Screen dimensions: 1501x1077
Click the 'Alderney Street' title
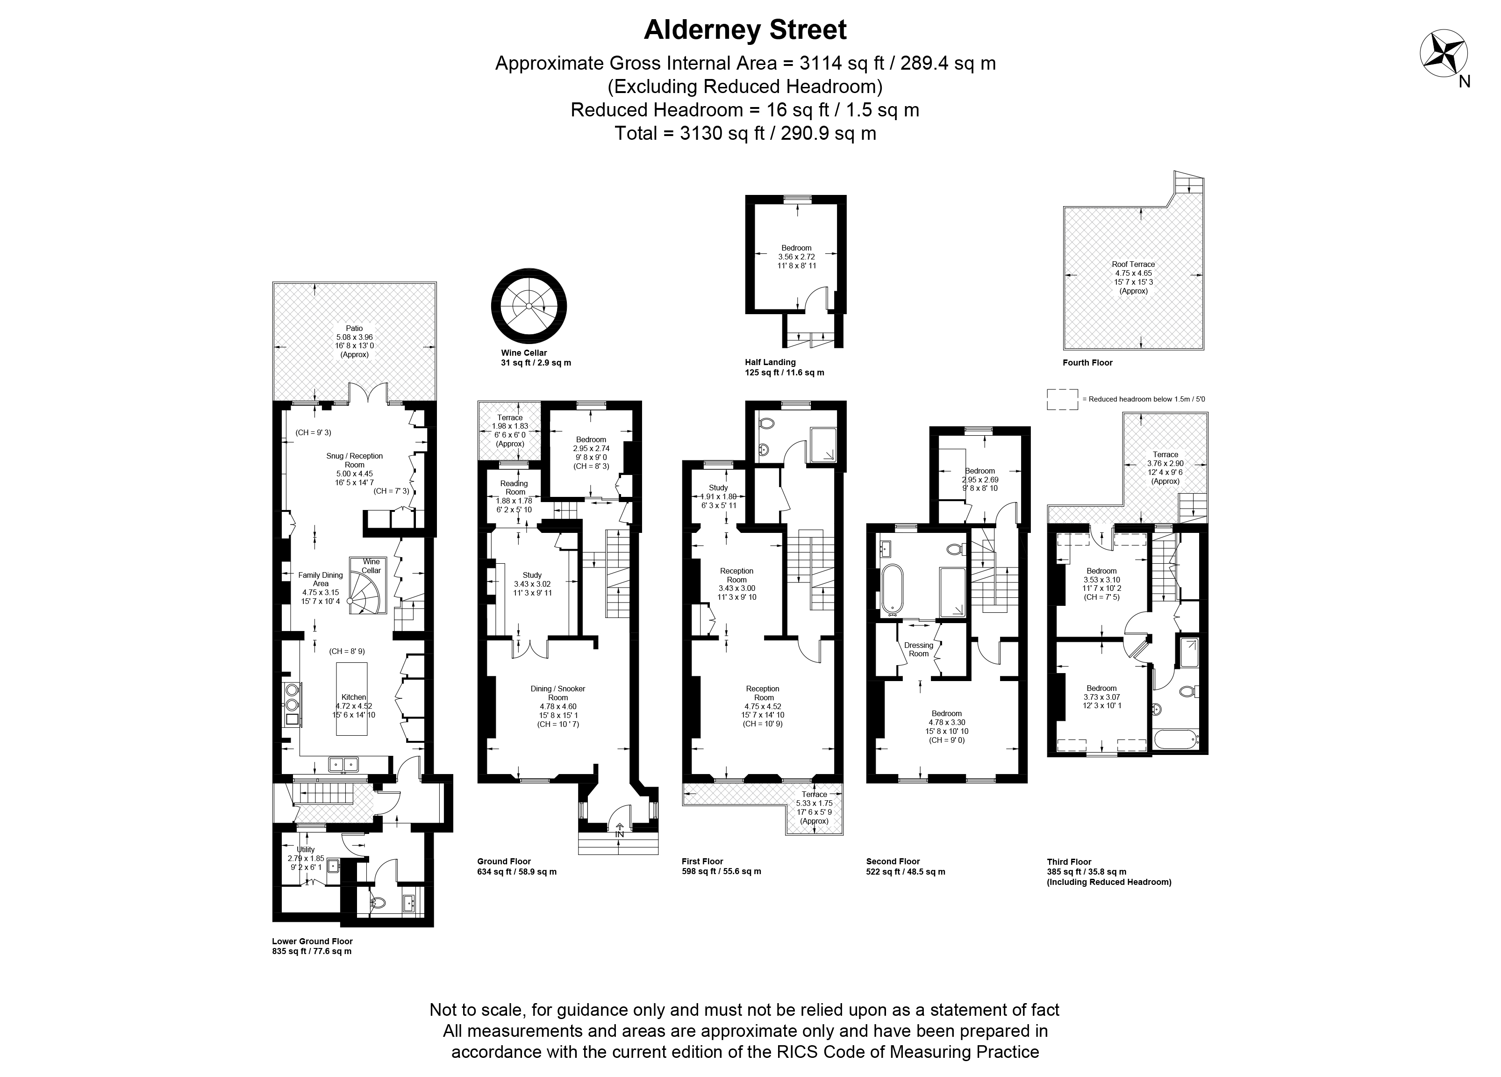coord(745,30)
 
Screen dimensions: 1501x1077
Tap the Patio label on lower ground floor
coord(354,328)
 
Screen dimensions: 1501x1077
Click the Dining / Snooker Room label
coord(558,693)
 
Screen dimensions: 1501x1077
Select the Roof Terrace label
coord(1133,264)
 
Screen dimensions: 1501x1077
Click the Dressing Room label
coord(919,649)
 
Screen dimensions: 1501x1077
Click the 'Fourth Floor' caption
coord(1087,363)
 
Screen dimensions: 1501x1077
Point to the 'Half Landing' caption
coord(770,362)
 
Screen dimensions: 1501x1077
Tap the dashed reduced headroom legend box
coord(1062,399)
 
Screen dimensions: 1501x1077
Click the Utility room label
coord(306,849)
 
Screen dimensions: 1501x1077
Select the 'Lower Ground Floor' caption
coord(312,941)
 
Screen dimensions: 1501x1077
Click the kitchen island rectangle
coord(351,698)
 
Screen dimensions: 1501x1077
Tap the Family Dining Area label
coord(320,579)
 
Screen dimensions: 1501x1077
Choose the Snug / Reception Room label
coord(354,460)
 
